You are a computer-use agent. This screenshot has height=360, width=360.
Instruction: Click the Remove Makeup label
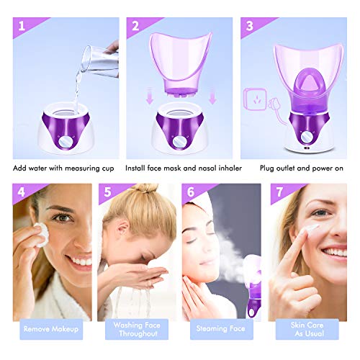pyautogui.click(x=50, y=329)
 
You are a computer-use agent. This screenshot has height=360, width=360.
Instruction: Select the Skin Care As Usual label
pyautogui.click(x=306, y=329)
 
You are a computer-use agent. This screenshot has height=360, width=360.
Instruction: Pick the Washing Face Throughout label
pyautogui.click(x=136, y=329)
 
